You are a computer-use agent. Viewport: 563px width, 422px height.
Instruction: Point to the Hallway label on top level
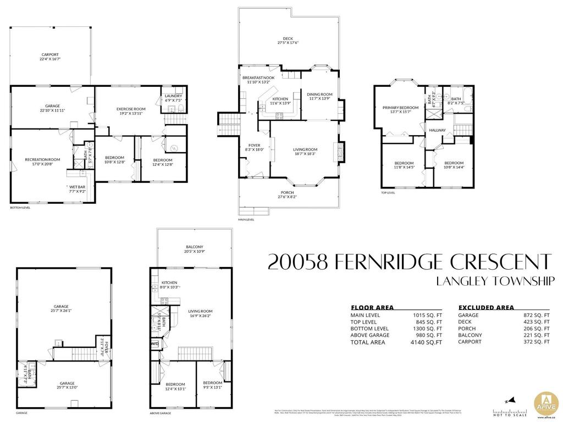(x=438, y=130)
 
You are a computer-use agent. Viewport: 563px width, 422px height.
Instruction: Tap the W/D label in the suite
(x=155, y=345)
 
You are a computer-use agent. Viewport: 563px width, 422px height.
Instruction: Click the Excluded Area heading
(x=486, y=308)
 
